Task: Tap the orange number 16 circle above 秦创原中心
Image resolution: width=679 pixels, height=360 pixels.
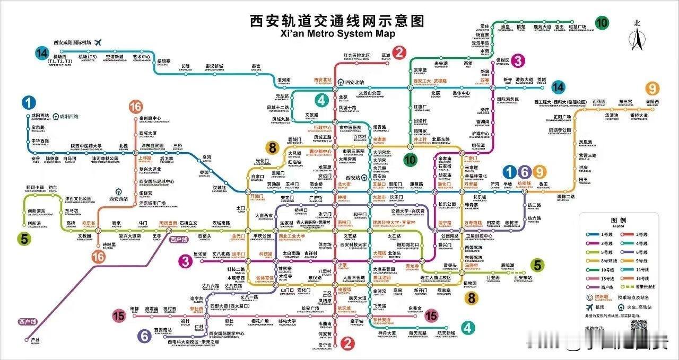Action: pos(136,107)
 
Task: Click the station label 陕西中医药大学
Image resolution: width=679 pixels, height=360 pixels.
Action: pos(86,146)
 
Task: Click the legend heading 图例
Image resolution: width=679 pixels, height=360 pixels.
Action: pos(619,220)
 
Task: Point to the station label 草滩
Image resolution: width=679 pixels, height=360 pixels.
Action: pos(386,55)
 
